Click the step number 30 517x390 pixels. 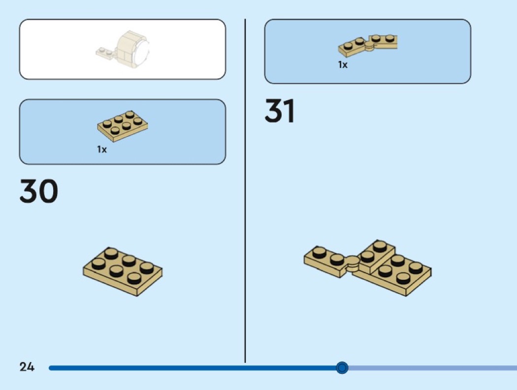pos(39,191)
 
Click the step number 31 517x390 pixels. pos(280,111)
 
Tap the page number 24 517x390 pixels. pos(27,367)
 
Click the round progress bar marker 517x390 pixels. pos(342,367)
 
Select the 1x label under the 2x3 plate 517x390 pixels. pos(102,150)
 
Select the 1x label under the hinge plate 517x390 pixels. pos(343,64)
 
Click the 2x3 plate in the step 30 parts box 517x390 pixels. pos(122,126)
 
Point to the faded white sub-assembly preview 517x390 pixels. pos(123,49)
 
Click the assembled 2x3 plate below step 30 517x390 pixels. pos(123,271)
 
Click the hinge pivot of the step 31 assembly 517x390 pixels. pos(353,263)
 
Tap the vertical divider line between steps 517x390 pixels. pos(245,191)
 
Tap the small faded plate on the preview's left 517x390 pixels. pos(105,54)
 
